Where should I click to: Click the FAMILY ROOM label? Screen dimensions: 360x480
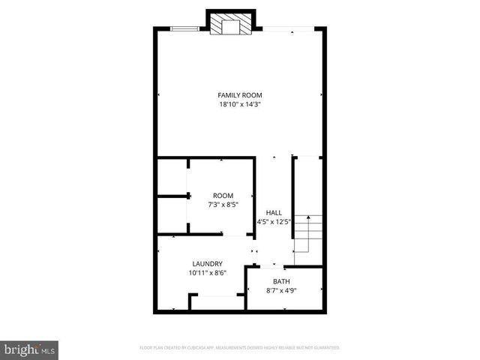[240, 95]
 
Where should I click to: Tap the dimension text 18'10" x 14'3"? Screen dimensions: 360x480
[240, 105]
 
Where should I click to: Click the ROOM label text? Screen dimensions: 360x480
[223, 196]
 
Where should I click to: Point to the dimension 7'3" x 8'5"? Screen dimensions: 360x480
[223, 205]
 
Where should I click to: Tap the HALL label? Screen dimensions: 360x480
[274, 212]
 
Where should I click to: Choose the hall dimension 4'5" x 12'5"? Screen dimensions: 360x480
[274, 221]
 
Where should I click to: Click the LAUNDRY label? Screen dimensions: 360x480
[207, 263]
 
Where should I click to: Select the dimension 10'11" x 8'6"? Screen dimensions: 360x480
[207, 273]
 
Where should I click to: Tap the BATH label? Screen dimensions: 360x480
[282, 281]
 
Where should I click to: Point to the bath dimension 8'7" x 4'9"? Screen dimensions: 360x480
[282, 290]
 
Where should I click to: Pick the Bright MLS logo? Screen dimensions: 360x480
[30, 349]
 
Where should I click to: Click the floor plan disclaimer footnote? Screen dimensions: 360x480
[240, 348]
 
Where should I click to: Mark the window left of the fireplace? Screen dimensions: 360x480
[184, 29]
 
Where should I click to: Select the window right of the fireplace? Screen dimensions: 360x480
[288, 29]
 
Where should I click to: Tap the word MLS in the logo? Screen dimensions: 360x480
[49, 350]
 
